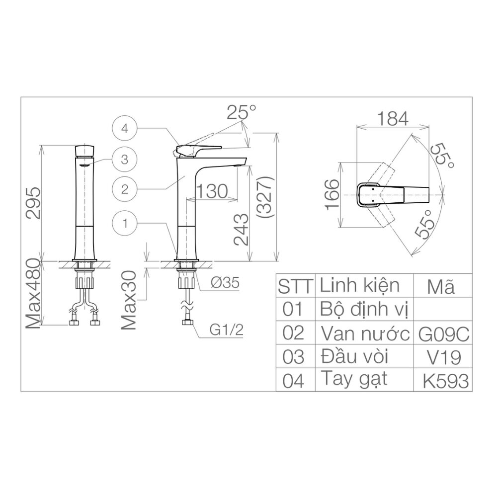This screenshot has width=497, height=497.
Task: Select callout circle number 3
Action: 125,160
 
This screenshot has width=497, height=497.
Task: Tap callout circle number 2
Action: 125,189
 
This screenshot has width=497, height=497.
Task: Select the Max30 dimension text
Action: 129,300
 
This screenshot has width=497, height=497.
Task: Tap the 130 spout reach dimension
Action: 212,190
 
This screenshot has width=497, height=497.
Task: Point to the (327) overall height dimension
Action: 263,197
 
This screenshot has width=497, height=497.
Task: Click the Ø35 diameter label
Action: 225,283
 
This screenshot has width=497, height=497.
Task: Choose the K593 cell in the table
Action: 445,381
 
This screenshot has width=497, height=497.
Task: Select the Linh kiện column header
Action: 359,286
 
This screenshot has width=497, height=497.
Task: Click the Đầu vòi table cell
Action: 354,357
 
